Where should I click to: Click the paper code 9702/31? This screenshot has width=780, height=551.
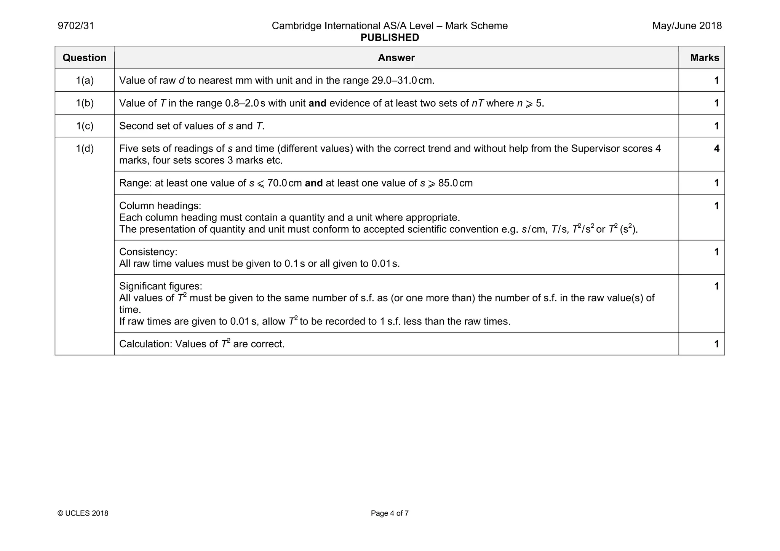click(x=76, y=26)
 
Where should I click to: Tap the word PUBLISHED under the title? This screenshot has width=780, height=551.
click(x=390, y=38)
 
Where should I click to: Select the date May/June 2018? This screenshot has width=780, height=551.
click(x=687, y=26)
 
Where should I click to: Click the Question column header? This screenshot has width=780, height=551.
click(x=85, y=58)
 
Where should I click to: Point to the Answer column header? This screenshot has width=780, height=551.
click(x=396, y=58)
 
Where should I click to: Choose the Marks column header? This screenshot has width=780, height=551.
click(x=704, y=58)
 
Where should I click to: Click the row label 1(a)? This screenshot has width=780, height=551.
click(x=85, y=80)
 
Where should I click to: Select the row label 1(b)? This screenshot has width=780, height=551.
click(x=85, y=103)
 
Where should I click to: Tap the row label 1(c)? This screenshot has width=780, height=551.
click(x=85, y=126)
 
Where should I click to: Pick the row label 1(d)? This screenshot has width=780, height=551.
click(x=85, y=149)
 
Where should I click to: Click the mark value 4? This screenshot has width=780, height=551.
click(x=716, y=149)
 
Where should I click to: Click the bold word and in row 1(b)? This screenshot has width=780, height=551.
click(x=317, y=104)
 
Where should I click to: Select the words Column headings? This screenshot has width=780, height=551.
click(x=160, y=206)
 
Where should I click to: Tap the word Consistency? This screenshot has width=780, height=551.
click(x=148, y=252)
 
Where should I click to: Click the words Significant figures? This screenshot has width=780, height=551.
click(x=161, y=286)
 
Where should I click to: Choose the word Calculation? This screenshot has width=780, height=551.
click(x=145, y=344)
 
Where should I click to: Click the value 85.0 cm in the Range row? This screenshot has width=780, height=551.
click(x=455, y=183)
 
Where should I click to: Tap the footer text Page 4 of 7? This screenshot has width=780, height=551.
click(x=390, y=513)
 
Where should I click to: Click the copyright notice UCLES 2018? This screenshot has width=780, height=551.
click(x=83, y=513)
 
